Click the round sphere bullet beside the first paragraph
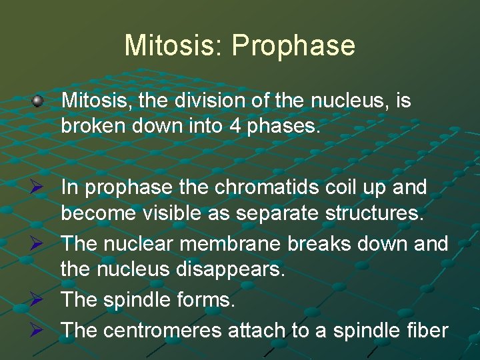(x=38, y=101)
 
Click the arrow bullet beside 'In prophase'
(x=38, y=189)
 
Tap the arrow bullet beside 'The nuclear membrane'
(x=38, y=245)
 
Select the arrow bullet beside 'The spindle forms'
(x=38, y=301)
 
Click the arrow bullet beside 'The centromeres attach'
(x=38, y=329)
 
